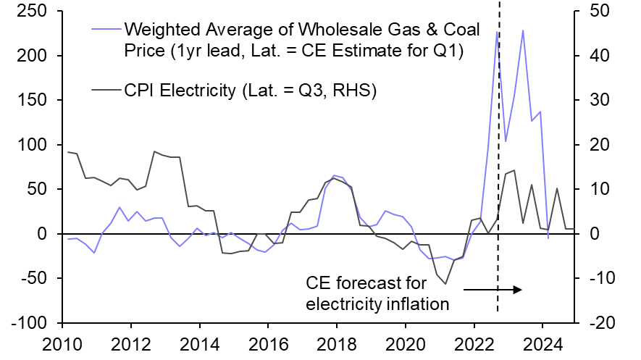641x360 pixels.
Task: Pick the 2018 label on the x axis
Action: [x=336, y=342]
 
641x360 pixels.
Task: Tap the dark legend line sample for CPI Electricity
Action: [x=106, y=90]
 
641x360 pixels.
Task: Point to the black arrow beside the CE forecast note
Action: [x=493, y=290]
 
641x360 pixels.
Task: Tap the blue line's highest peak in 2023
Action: [x=523, y=30]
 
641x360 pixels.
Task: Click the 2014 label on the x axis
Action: [x=199, y=342]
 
